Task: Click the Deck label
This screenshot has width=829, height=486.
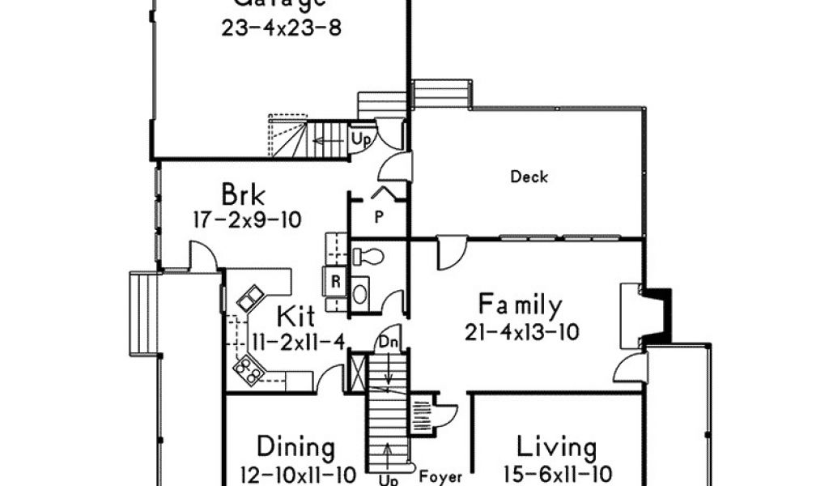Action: (x=529, y=177)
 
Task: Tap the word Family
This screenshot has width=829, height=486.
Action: (x=520, y=305)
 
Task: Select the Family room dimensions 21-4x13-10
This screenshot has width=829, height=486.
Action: (x=522, y=332)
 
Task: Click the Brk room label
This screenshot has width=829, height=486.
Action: (x=244, y=195)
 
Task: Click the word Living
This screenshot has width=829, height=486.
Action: (x=557, y=447)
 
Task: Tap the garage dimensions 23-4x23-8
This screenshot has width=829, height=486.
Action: (x=281, y=28)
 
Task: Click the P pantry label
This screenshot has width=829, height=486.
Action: (x=378, y=217)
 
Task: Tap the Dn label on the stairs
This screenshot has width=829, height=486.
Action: (x=387, y=343)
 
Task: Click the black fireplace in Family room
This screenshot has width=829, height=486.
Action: (x=659, y=312)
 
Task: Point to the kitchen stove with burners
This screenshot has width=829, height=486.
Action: (x=248, y=370)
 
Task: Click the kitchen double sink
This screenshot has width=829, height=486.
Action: (x=249, y=298)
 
